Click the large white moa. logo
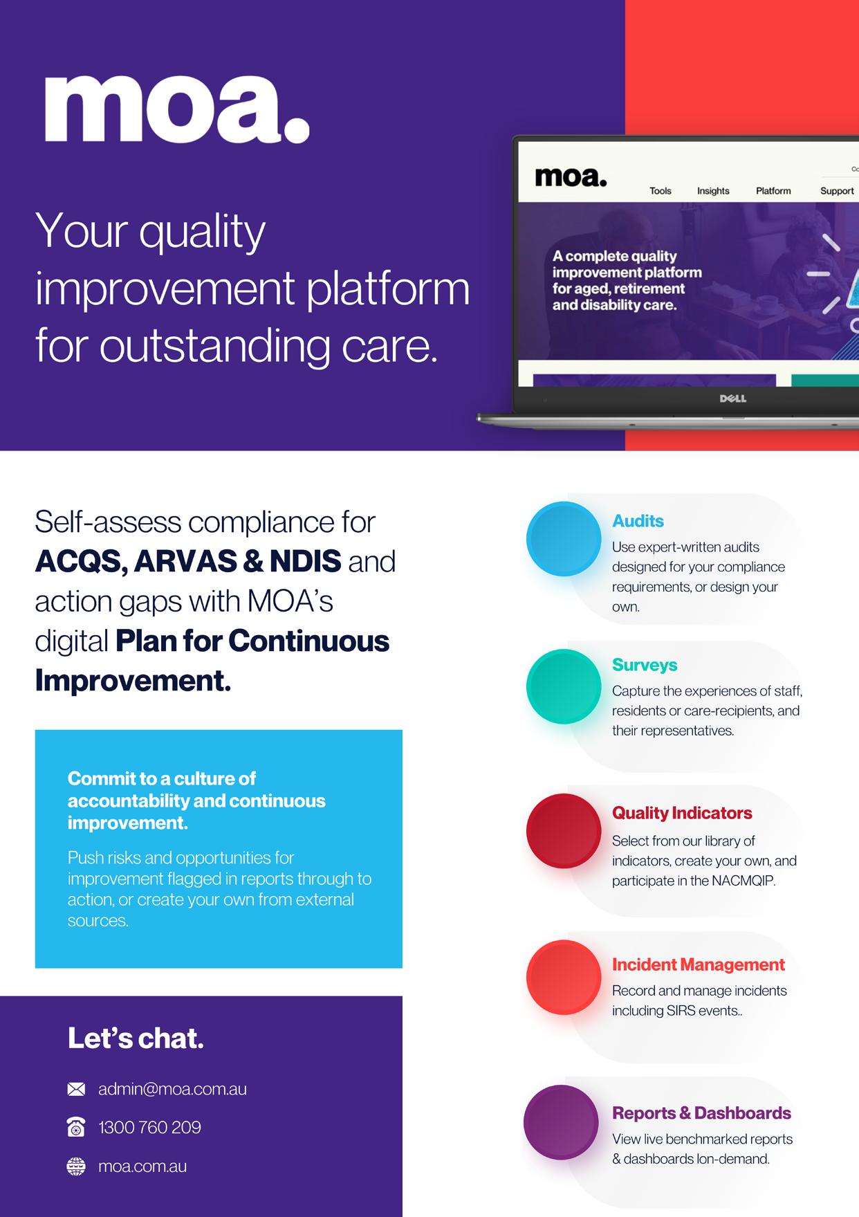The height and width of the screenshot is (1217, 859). (177, 109)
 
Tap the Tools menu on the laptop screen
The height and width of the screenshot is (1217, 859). (661, 191)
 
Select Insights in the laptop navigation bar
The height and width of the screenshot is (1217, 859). (713, 191)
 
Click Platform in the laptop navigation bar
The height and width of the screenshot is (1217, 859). (773, 191)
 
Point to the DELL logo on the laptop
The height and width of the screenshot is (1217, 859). (733, 399)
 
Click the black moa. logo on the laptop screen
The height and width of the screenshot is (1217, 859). (571, 176)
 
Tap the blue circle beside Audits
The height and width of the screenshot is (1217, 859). (564, 539)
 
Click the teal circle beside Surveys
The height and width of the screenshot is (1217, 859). (564, 686)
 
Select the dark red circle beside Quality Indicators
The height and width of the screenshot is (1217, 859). (564, 830)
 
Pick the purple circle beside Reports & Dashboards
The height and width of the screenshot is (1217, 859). (561, 1122)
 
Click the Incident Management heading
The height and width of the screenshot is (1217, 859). (699, 964)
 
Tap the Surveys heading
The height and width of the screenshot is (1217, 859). (645, 665)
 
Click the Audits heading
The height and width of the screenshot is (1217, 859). (638, 521)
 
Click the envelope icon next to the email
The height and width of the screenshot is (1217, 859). (76, 1090)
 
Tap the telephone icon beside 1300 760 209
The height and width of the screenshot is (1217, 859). (76, 1128)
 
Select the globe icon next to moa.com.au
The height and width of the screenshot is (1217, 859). (76, 1166)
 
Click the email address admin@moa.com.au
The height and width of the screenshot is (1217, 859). (172, 1089)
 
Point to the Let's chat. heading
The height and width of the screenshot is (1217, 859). (136, 1038)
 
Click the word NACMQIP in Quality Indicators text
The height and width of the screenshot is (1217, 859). (744, 881)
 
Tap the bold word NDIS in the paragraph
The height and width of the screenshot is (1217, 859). (305, 561)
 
